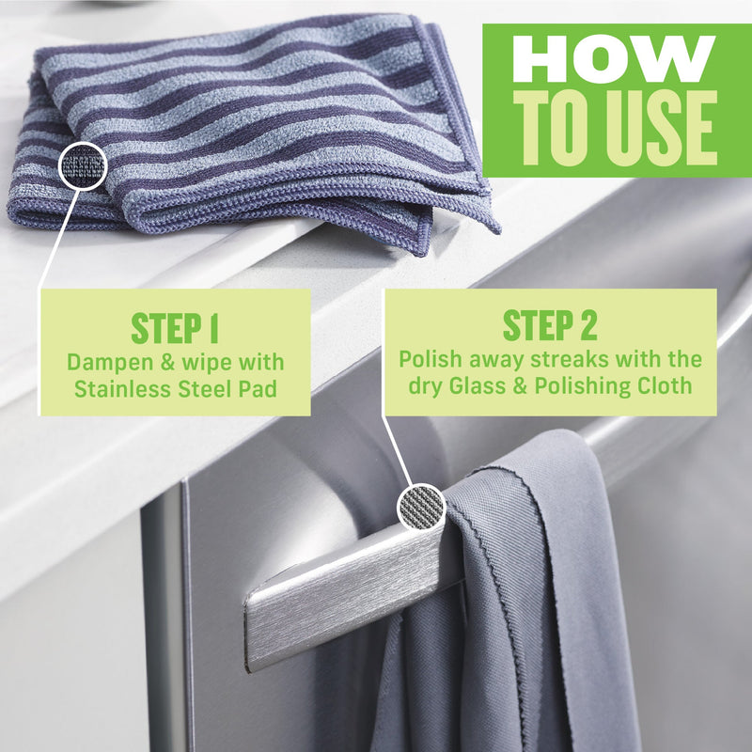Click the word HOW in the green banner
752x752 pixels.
tap(614, 60)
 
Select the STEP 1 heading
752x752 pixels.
tap(175, 329)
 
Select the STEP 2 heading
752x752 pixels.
tap(550, 325)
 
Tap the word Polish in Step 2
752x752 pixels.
tap(428, 359)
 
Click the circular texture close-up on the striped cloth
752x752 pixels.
tap(83, 166)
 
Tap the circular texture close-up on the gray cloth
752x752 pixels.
tap(421, 508)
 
